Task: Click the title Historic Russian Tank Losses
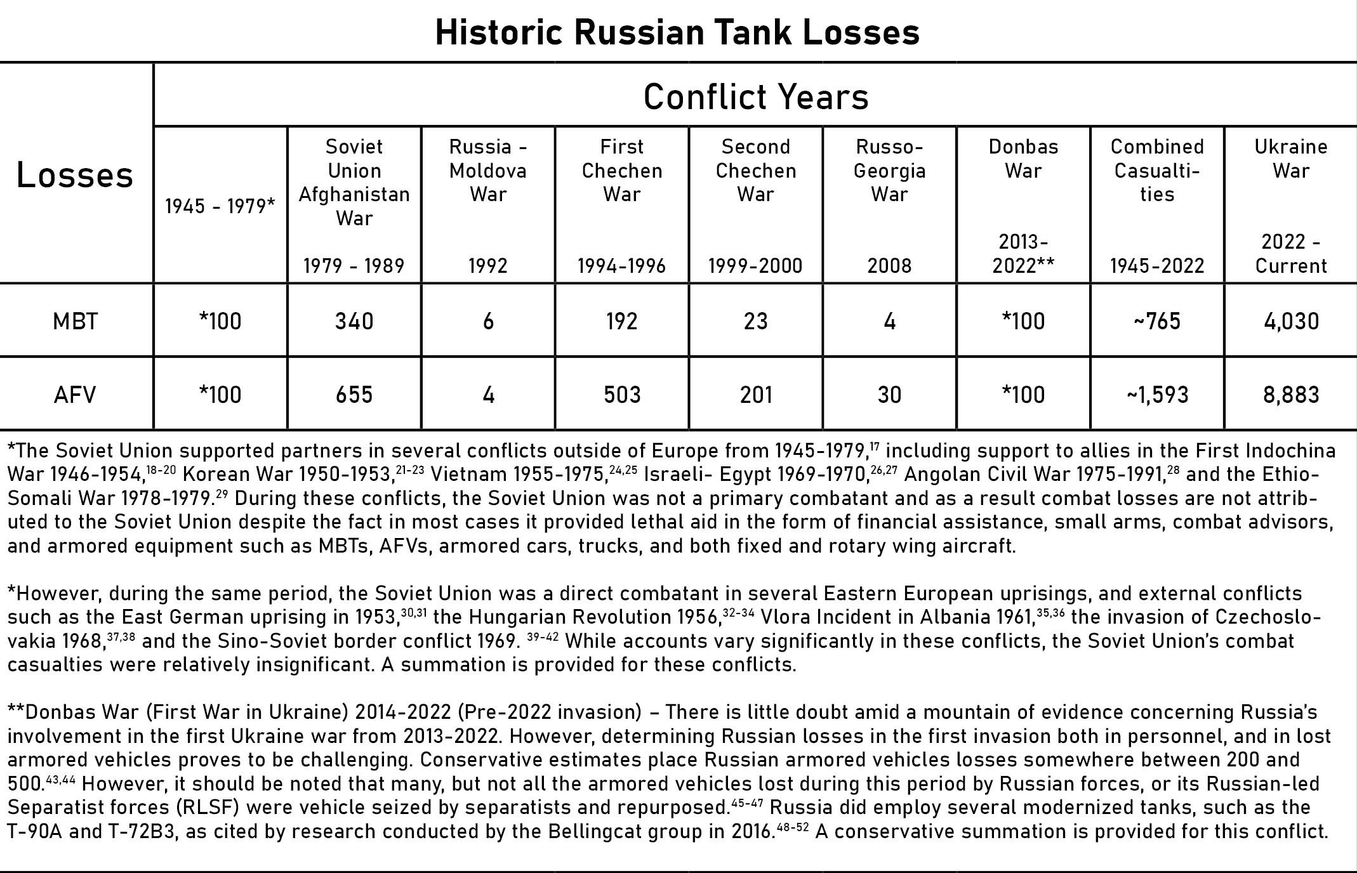pyautogui.click(x=677, y=32)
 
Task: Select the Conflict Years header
pyautogui.click(x=755, y=97)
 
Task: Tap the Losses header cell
pyautogui.click(x=75, y=174)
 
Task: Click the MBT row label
pyautogui.click(x=76, y=321)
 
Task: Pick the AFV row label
pyautogui.click(x=75, y=395)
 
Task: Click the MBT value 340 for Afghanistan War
pyautogui.click(x=354, y=321)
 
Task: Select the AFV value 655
pyautogui.click(x=354, y=395)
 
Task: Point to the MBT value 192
pyautogui.click(x=622, y=321)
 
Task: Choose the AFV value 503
pyautogui.click(x=622, y=395)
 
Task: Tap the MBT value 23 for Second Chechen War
pyautogui.click(x=756, y=321)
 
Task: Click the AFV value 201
pyautogui.click(x=756, y=395)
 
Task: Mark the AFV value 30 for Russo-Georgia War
pyautogui.click(x=889, y=395)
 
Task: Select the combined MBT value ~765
pyautogui.click(x=1156, y=321)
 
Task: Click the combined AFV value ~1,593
pyautogui.click(x=1156, y=395)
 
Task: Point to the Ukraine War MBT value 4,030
pyautogui.click(x=1291, y=321)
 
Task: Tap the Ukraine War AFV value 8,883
pyautogui.click(x=1291, y=395)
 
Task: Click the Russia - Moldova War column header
pyautogui.click(x=488, y=170)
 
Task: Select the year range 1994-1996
pyautogui.click(x=622, y=265)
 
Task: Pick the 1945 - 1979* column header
pyautogui.click(x=220, y=206)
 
